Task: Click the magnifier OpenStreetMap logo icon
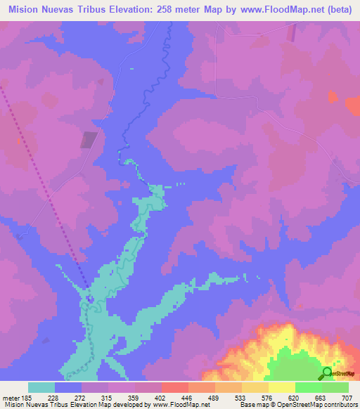click(x=328, y=372)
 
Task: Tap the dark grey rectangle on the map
click(x=88, y=140)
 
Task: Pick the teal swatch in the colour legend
click(x=41, y=387)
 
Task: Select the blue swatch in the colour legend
click(x=68, y=387)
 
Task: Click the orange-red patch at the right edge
click(x=354, y=105)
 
